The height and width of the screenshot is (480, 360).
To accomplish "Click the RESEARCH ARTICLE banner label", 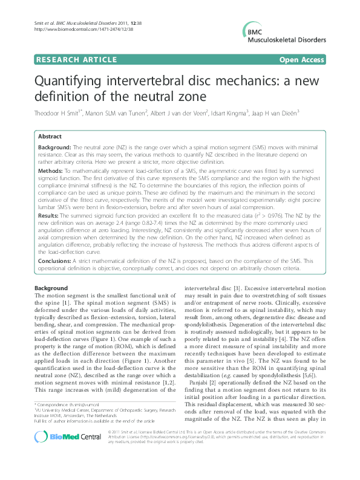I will click(77, 60).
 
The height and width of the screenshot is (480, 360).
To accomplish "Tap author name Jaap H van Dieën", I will click(279, 112).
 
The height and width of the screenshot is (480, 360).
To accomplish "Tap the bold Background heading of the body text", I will click(52, 287).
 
